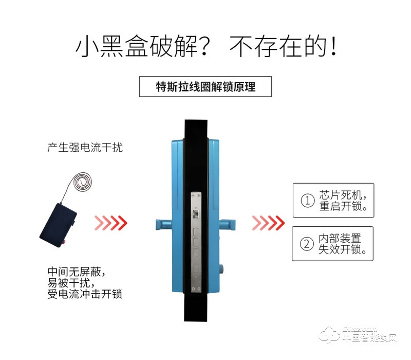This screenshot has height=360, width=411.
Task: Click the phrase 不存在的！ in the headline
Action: (x=284, y=47)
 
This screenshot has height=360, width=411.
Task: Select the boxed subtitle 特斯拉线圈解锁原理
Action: (x=205, y=86)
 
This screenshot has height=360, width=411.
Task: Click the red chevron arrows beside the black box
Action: (x=110, y=222)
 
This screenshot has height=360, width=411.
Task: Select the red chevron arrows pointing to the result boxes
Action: (x=268, y=222)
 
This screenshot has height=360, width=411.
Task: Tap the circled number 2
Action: (x=307, y=244)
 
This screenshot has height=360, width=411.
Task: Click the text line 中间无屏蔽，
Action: (x=79, y=271)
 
